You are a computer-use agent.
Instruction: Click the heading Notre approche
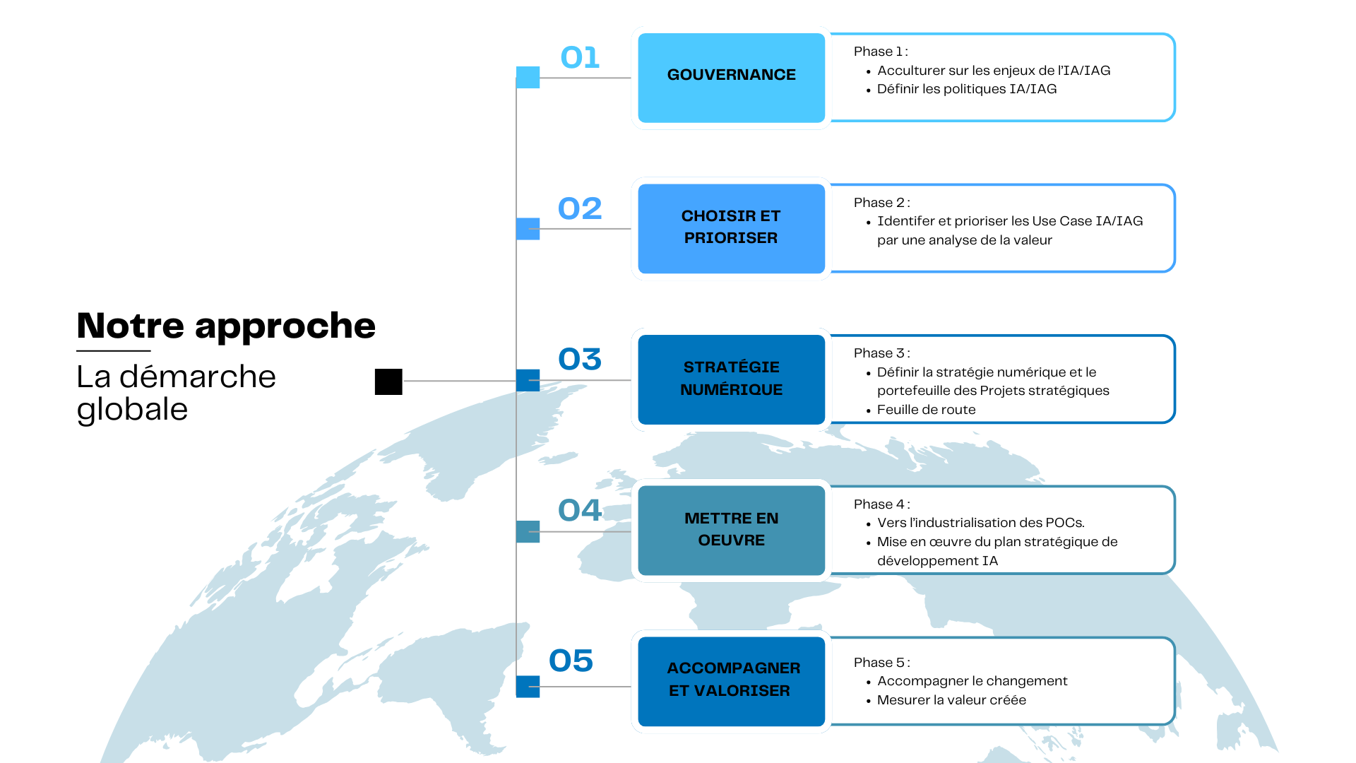coord(226,326)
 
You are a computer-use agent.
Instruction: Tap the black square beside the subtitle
coord(388,381)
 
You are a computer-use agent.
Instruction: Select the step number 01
coord(580,58)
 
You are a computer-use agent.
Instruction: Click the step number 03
coord(580,359)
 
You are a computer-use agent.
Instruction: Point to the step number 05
coord(571,661)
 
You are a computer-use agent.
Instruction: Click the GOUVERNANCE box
coord(732,78)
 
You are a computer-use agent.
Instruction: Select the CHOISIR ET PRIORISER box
coord(732,228)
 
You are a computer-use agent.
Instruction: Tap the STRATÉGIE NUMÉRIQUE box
coord(732,379)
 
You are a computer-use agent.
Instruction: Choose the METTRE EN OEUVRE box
coord(732,530)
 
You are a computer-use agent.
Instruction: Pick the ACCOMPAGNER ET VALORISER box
coord(732,681)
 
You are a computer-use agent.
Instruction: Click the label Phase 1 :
coord(881,52)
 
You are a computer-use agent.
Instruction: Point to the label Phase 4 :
coord(882,504)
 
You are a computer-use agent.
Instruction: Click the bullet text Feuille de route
coord(926,410)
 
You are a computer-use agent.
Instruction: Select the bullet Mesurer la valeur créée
coord(951,700)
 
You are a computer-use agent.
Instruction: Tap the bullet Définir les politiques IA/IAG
coord(967,89)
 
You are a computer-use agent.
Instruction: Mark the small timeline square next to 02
coord(528,229)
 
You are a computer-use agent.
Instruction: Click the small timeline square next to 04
coord(528,531)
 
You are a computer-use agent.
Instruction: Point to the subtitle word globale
coord(132,410)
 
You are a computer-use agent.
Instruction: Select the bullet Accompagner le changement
coord(972,681)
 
